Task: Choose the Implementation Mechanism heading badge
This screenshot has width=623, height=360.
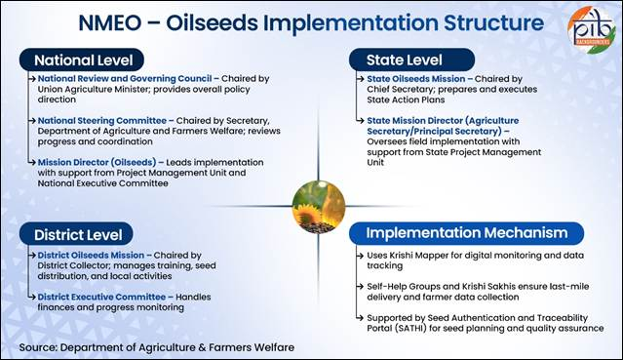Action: tap(466, 233)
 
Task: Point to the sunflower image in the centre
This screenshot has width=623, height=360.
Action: tap(318, 207)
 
